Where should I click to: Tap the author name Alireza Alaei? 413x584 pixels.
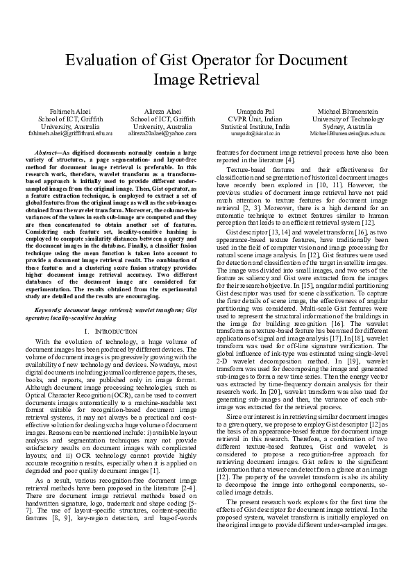coord(163,111)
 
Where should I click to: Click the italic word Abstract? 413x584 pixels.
coord(47,151)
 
